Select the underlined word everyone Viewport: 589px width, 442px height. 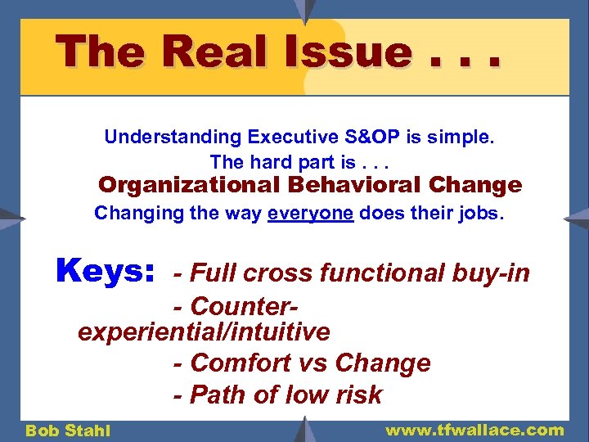click(x=310, y=214)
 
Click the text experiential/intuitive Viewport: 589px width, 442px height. click(x=204, y=332)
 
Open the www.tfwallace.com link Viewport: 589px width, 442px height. click(x=474, y=430)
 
